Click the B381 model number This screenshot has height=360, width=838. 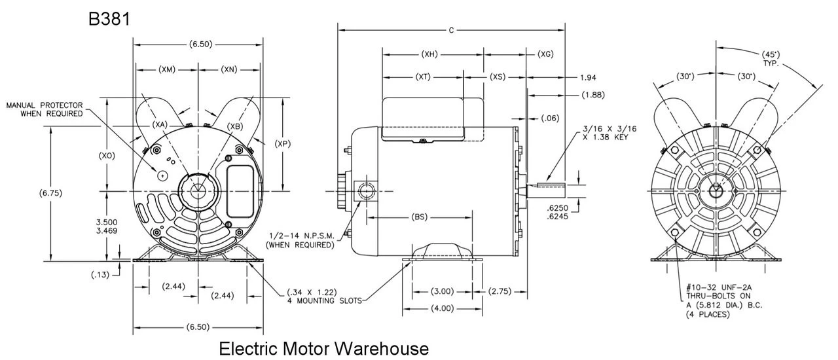pos(109,20)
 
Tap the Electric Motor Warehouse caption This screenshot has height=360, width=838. pos(324,348)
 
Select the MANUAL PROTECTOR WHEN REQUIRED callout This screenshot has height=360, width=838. pos(45,109)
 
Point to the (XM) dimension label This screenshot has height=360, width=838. pos(166,69)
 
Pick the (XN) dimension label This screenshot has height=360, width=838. pos(228,69)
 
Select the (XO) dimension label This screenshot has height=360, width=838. pos(107,156)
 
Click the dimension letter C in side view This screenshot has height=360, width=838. pos(451,29)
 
